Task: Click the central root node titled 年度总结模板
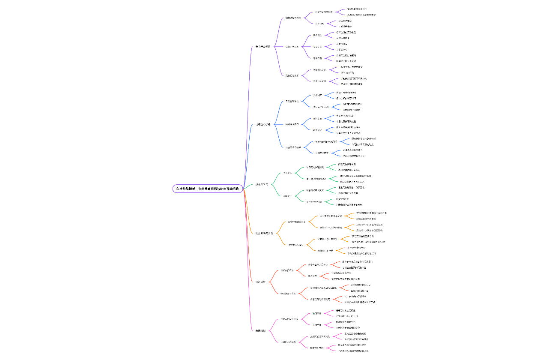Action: [x=208, y=189]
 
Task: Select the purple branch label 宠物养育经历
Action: [x=263, y=46]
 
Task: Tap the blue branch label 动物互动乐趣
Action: [x=263, y=124]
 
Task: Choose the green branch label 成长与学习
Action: [x=262, y=185]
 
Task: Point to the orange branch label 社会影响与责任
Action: [x=264, y=233]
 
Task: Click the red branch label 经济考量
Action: [x=260, y=282]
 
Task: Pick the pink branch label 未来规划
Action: [x=260, y=330]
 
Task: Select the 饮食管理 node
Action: [x=317, y=35]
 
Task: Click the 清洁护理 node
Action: [x=317, y=47]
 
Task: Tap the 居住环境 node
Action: [x=317, y=58]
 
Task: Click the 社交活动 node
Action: [x=317, y=130]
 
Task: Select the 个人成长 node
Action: [x=287, y=173]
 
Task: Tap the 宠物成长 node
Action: [x=287, y=196]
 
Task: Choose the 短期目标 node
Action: [x=316, y=313]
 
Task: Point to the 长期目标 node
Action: [x=316, y=325]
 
